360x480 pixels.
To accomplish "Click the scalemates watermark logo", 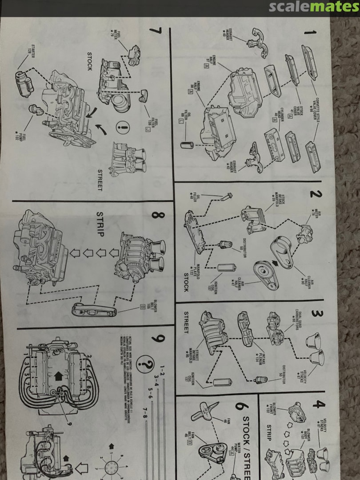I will pos(314,7).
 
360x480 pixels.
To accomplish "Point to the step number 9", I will pos(158,339).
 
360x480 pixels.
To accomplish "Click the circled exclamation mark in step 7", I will pos(120,127).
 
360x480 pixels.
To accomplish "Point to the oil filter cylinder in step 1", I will pos(185,145).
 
